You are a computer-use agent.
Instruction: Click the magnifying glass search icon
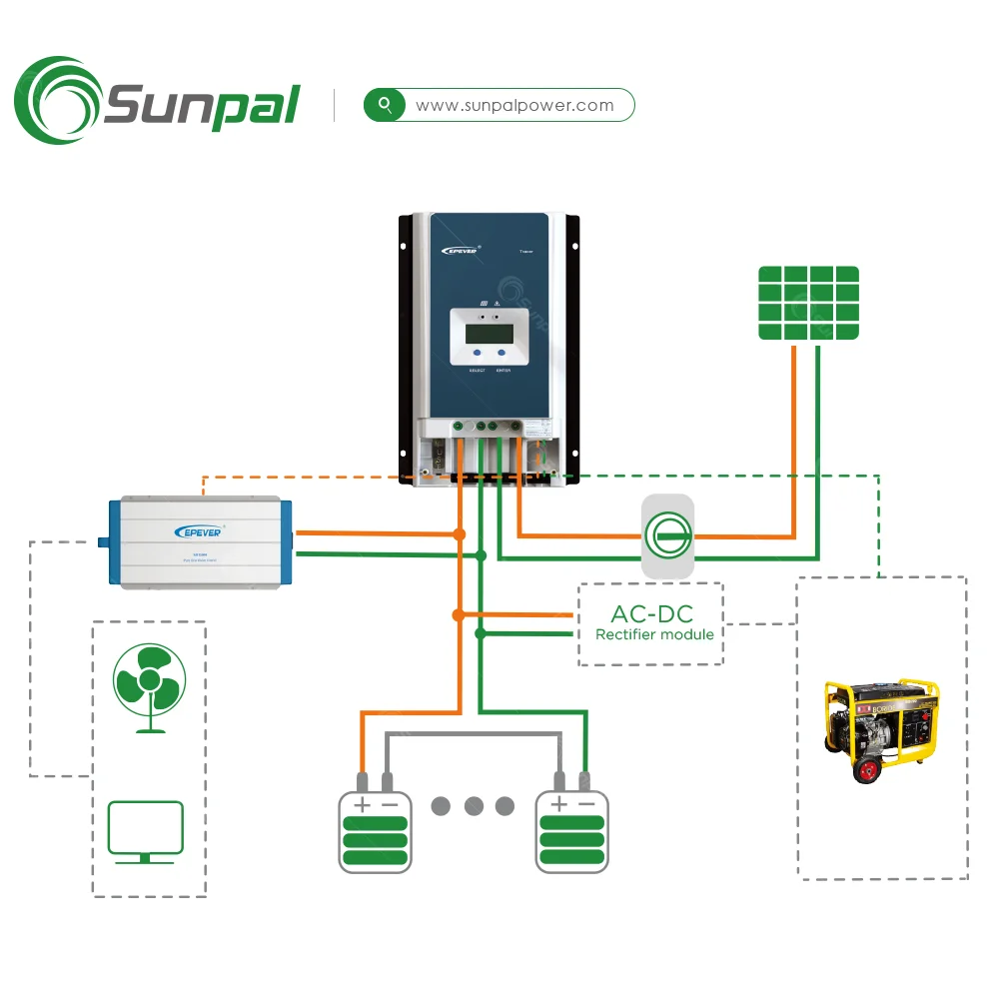[385, 105]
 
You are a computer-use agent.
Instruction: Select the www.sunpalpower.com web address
[514, 105]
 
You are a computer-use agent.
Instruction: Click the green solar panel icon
[808, 303]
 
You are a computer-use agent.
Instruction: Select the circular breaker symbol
[666, 536]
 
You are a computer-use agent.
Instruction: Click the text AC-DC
[651, 613]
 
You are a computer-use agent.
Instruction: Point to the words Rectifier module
[654, 634]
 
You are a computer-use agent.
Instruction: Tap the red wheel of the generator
[864, 767]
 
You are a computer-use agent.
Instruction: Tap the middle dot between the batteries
[474, 805]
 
